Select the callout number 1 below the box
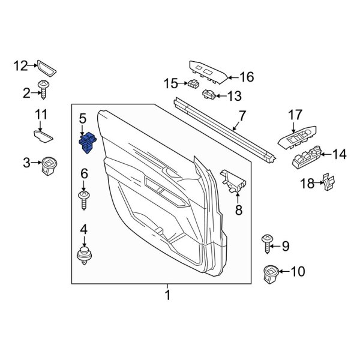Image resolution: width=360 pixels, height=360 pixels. click(168, 295)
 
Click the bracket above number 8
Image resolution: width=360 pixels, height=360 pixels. click(234, 182)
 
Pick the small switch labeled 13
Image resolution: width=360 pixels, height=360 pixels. click(210, 94)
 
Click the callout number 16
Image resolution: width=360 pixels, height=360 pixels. click(247, 77)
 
